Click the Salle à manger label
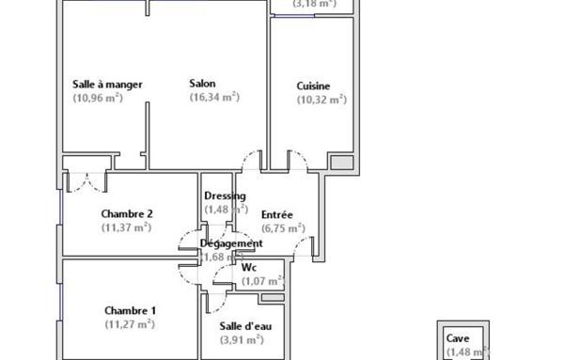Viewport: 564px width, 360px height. [x=107, y=85]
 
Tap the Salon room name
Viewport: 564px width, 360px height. [x=202, y=83]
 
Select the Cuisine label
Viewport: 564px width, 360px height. [x=313, y=86]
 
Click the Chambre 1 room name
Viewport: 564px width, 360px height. [x=130, y=311]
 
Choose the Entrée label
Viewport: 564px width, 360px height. [x=277, y=214]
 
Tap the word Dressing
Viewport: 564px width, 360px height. [x=224, y=196]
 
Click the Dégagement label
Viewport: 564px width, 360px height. [x=231, y=243]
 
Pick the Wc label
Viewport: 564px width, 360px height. [x=249, y=267]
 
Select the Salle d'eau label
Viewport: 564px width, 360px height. [x=241, y=326]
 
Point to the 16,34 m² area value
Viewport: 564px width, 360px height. [x=214, y=97]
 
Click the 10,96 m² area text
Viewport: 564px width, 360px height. [x=108, y=98]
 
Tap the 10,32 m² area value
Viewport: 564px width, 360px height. [x=321, y=99]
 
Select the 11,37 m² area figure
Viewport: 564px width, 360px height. [x=126, y=227]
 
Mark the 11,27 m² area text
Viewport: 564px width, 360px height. [x=130, y=324]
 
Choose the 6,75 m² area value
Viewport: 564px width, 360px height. [x=282, y=227]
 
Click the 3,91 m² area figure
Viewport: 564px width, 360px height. [x=241, y=340]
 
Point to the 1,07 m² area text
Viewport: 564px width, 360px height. [x=262, y=280]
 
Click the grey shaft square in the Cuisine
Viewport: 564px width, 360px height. [x=343, y=163]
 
